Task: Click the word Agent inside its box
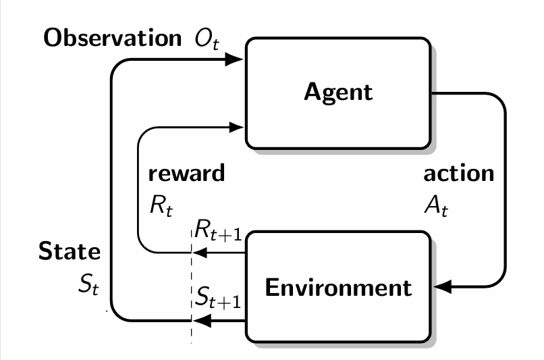tap(338, 91)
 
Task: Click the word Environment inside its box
tap(337, 288)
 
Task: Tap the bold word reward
tap(186, 173)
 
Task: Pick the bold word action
tap(458, 173)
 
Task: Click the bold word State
tap(70, 253)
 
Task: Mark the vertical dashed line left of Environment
tap(192, 284)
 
